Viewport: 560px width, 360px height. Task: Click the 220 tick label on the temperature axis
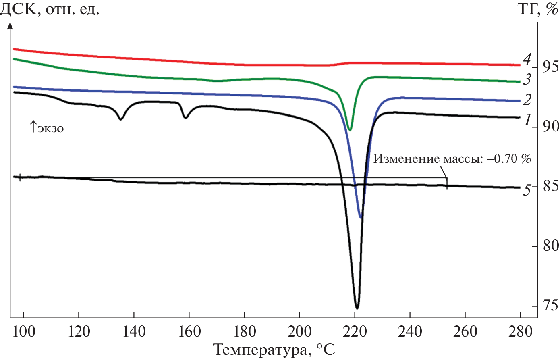click(355, 332)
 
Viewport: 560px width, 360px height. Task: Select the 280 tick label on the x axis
click(520, 332)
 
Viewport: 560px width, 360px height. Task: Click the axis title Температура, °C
click(274, 350)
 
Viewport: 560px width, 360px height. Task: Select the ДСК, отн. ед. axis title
click(50, 9)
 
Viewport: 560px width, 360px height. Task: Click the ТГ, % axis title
click(537, 9)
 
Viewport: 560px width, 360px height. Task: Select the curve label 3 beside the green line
click(527, 79)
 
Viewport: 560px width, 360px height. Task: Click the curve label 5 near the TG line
click(527, 189)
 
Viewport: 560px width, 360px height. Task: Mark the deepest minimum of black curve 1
click(357, 308)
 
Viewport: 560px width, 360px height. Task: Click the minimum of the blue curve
click(361, 218)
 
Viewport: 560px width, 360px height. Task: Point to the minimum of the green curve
click(350, 130)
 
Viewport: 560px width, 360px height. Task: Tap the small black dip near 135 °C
click(120, 119)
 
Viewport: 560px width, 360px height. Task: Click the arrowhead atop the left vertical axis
click(10, 26)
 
